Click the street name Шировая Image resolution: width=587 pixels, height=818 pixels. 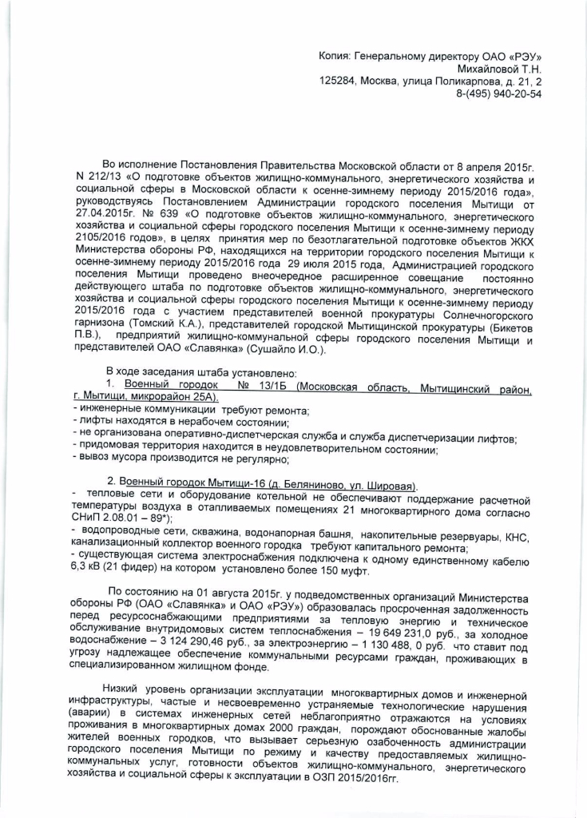click(387, 486)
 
